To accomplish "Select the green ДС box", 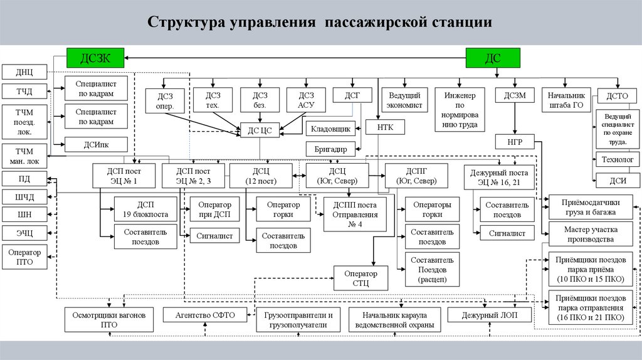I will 493,58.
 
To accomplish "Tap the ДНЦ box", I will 24,71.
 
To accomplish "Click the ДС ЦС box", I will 260,131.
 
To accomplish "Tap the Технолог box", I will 618,159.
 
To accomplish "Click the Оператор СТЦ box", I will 360,278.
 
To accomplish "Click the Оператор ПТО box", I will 24,257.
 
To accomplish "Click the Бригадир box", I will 331,149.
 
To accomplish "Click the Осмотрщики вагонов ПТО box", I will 109,320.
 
